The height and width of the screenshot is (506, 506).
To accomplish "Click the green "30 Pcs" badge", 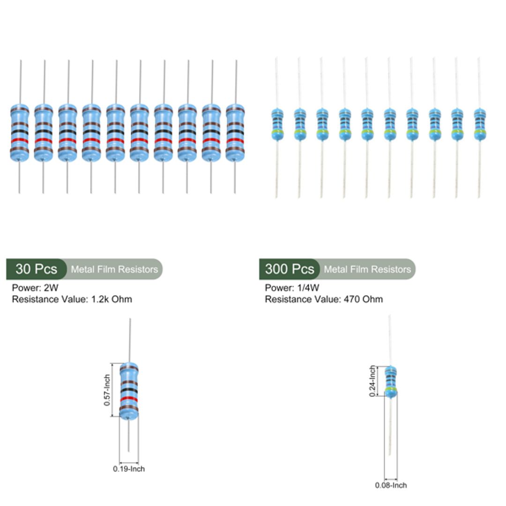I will [36, 269].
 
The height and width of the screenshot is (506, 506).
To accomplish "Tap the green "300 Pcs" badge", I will [289, 269].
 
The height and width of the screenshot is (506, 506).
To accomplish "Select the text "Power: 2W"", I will [35, 288].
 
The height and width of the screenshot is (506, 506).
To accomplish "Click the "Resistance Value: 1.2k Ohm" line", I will [72, 299].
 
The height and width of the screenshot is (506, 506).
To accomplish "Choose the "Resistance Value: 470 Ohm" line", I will [324, 299].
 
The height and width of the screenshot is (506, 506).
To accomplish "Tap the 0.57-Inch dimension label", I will [107, 390].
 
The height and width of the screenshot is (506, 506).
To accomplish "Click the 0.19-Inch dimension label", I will [129, 469].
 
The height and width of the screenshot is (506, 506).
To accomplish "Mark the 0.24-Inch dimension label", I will [373, 381].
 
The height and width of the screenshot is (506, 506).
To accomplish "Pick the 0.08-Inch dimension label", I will [391, 485].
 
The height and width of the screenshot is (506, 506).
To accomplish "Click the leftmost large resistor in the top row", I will [20, 133].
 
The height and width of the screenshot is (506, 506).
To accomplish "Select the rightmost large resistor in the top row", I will [235, 133].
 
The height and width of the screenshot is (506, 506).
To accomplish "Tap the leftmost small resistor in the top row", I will [277, 124].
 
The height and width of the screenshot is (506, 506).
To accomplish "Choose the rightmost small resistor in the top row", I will [479, 124].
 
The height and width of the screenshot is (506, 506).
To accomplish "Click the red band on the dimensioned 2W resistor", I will [129, 399].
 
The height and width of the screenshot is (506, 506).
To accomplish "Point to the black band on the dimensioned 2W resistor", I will [129, 390].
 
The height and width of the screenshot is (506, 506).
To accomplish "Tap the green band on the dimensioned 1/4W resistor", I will [391, 389].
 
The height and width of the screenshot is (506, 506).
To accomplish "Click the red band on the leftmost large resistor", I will [20, 141].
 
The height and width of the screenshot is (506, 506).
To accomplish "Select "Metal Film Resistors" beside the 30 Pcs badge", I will [114, 269].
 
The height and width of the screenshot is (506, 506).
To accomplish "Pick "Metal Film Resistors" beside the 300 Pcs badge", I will [367, 269].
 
